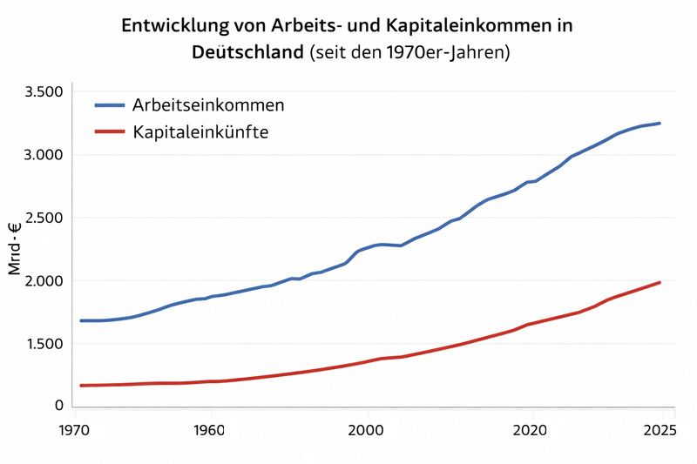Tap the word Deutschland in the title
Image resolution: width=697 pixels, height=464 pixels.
pyautogui.click(x=248, y=52)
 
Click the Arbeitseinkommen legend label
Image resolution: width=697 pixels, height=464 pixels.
pyautogui.click(x=208, y=105)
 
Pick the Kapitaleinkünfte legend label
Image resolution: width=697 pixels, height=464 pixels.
pyautogui.click(x=200, y=132)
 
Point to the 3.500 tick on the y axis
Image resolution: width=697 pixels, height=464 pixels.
pyautogui.click(x=44, y=92)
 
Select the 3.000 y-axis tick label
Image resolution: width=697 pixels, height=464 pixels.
pyautogui.click(x=44, y=155)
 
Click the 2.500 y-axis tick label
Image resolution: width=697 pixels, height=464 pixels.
pyautogui.click(x=44, y=218)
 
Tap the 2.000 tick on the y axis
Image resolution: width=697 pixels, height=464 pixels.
pyautogui.click(x=44, y=281)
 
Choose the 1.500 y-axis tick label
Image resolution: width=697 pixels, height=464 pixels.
pyautogui.click(x=44, y=344)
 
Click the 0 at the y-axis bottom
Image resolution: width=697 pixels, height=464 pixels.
pyautogui.click(x=59, y=406)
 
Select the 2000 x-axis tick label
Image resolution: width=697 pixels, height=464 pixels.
pyautogui.click(x=365, y=429)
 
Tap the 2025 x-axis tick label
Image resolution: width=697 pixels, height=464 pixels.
pyautogui.click(x=660, y=429)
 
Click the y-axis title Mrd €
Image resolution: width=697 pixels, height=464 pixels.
pyautogui.click(x=15, y=250)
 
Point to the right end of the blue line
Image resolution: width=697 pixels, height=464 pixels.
pyautogui.click(x=660, y=123)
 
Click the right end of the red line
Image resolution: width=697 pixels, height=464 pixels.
pyautogui.click(x=660, y=282)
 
